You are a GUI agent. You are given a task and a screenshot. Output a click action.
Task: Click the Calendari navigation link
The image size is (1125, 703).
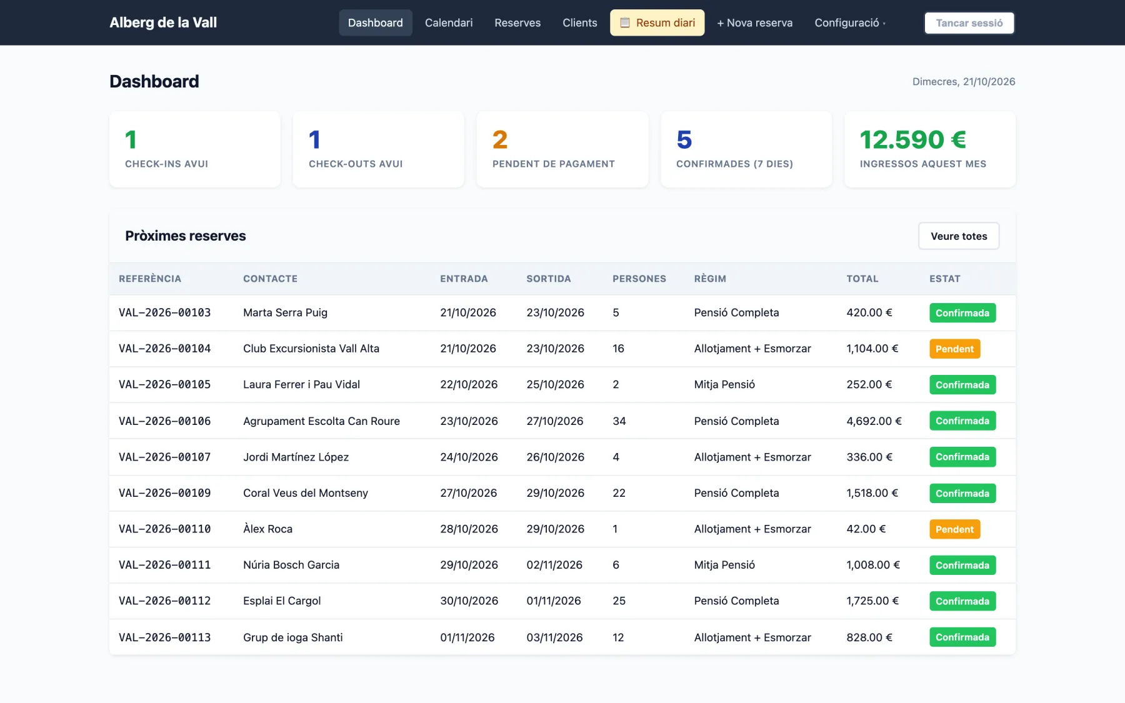pyautogui.click(x=449, y=23)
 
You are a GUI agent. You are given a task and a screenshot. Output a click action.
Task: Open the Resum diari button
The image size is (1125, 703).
pyautogui.click(x=657, y=23)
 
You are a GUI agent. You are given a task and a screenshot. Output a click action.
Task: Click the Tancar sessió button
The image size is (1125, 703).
pyautogui.click(x=969, y=23)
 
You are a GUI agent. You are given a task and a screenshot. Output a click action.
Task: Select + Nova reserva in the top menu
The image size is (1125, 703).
pyautogui.click(x=754, y=23)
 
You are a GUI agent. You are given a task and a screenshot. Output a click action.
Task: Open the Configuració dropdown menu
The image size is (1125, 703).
pyautogui.click(x=850, y=23)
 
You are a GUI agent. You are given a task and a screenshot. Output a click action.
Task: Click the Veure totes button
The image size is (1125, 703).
pyautogui.click(x=959, y=236)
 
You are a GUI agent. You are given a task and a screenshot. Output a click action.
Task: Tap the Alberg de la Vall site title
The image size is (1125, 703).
pyautogui.click(x=163, y=22)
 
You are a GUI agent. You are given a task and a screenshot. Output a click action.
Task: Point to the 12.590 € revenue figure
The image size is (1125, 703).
pyautogui.click(x=912, y=139)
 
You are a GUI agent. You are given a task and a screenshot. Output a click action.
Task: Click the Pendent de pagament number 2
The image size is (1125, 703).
pyautogui.click(x=500, y=139)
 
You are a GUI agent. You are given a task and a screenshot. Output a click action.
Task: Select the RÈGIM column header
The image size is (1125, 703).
pyautogui.click(x=710, y=279)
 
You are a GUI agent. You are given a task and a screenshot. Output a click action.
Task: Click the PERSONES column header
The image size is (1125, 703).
pyautogui.click(x=639, y=279)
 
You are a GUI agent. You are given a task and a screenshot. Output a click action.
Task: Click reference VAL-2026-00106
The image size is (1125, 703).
pyautogui.click(x=165, y=421)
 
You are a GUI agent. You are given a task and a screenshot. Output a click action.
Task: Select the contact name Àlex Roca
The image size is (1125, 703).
pyautogui.click(x=267, y=529)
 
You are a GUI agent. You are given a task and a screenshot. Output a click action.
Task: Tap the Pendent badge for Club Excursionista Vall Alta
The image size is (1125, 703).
pyautogui.click(x=954, y=349)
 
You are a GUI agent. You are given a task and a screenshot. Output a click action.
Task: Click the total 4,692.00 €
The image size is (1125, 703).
pyautogui.click(x=874, y=421)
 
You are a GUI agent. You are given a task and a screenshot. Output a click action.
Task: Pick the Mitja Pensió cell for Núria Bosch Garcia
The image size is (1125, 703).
pyautogui.click(x=724, y=565)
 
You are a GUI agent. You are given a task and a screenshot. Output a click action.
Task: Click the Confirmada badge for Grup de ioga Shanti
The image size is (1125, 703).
pyautogui.click(x=962, y=637)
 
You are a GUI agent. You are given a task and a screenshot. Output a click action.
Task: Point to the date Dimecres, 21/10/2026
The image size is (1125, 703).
pyautogui.click(x=964, y=82)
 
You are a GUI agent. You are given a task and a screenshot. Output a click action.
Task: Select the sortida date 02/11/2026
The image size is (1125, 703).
pyautogui.click(x=554, y=565)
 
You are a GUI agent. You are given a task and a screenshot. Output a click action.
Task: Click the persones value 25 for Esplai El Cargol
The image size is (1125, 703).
pyautogui.click(x=619, y=601)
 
